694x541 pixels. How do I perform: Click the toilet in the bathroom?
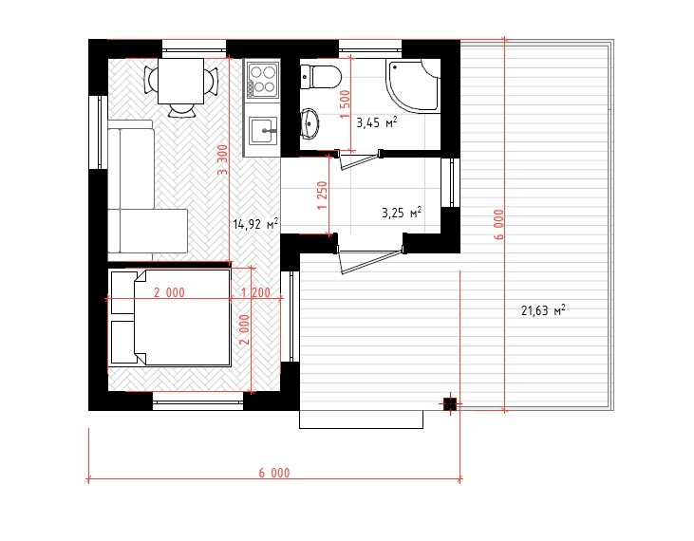(x=321, y=77)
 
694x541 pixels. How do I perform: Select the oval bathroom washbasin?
(x=309, y=123)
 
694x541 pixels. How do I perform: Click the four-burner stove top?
(x=263, y=80)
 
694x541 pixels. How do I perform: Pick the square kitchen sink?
(x=263, y=130)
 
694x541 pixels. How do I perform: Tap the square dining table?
(x=180, y=81)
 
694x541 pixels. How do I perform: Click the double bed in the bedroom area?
(x=170, y=318)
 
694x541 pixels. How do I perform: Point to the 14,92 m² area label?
(x=255, y=224)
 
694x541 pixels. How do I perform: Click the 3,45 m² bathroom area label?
(x=376, y=122)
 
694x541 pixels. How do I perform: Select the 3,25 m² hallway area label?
(x=402, y=213)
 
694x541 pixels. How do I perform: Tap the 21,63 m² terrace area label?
(x=543, y=310)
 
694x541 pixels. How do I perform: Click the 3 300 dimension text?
(x=223, y=159)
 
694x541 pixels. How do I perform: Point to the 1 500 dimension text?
(x=346, y=104)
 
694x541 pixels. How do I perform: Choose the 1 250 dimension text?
(x=323, y=196)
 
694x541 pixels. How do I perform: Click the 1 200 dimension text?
(x=255, y=292)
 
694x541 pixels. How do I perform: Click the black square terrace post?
(x=450, y=404)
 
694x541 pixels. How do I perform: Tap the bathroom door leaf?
(x=361, y=161)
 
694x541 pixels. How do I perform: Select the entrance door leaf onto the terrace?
(x=372, y=261)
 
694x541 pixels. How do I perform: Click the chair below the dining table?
(x=182, y=110)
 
